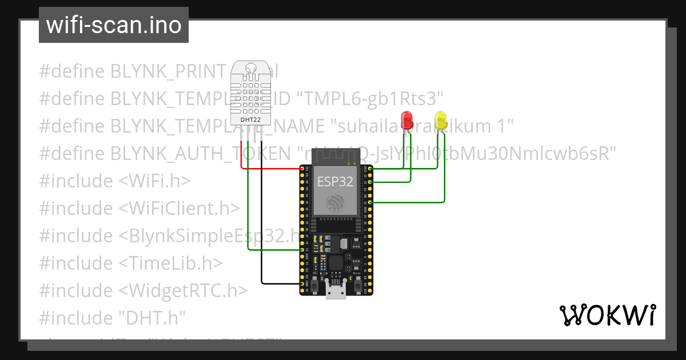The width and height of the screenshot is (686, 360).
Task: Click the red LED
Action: (x=407, y=120)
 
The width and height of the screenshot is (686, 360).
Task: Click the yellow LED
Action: (x=441, y=120)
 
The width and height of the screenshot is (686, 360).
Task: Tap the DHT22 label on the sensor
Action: (x=251, y=119)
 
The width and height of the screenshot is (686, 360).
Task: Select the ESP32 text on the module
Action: (x=335, y=182)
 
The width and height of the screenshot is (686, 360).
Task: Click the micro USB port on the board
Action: (x=336, y=291)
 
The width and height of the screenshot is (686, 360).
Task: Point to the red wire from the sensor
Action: (x=269, y=169)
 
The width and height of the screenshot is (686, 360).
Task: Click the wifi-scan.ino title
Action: (x=113, y=25)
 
